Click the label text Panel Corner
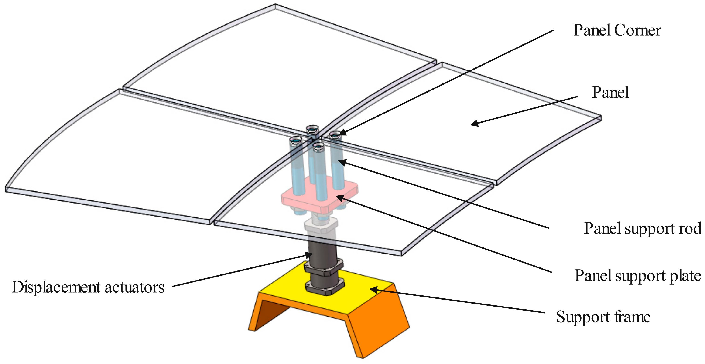[x=617, y=30]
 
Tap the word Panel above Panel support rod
[x=610, y=92]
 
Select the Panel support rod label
[x=643, y=228]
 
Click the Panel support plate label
[x=638, y=275]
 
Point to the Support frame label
[x=603, y=317]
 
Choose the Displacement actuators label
[x=88, y=287]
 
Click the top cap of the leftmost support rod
[x=296, y=140]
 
